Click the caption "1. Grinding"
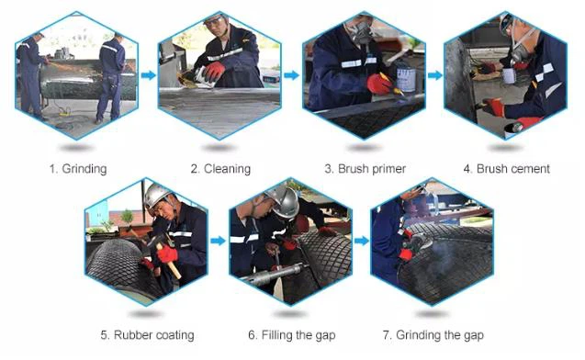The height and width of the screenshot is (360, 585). [x=78, y=169]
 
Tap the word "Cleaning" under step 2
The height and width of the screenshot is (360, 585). [x=227, y=169]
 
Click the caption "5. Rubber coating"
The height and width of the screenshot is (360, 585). [x=147, y=335]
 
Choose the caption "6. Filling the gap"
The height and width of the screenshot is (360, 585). [x=292, y=335]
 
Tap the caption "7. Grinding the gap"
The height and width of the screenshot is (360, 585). [x=433, y=335]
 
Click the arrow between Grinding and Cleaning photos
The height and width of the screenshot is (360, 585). [x=149, y=75]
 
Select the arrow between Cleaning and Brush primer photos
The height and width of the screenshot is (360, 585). [x=291, y=75]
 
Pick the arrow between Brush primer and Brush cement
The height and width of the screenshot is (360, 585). [x=434, y=75]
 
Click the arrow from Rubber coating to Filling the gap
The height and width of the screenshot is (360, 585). [x=218, y=241]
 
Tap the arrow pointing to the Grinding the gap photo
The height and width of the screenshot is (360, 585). [x=361, y=241]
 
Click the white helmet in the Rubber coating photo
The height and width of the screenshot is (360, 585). [x=156, y=195]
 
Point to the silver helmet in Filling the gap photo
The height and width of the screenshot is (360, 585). [x=285, y=201]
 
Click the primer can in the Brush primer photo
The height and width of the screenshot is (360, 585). [x=406, y=78]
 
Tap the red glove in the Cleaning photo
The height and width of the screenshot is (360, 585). [x=214, y=71]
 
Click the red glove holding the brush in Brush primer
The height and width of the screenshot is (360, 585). [x=379, y=84]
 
